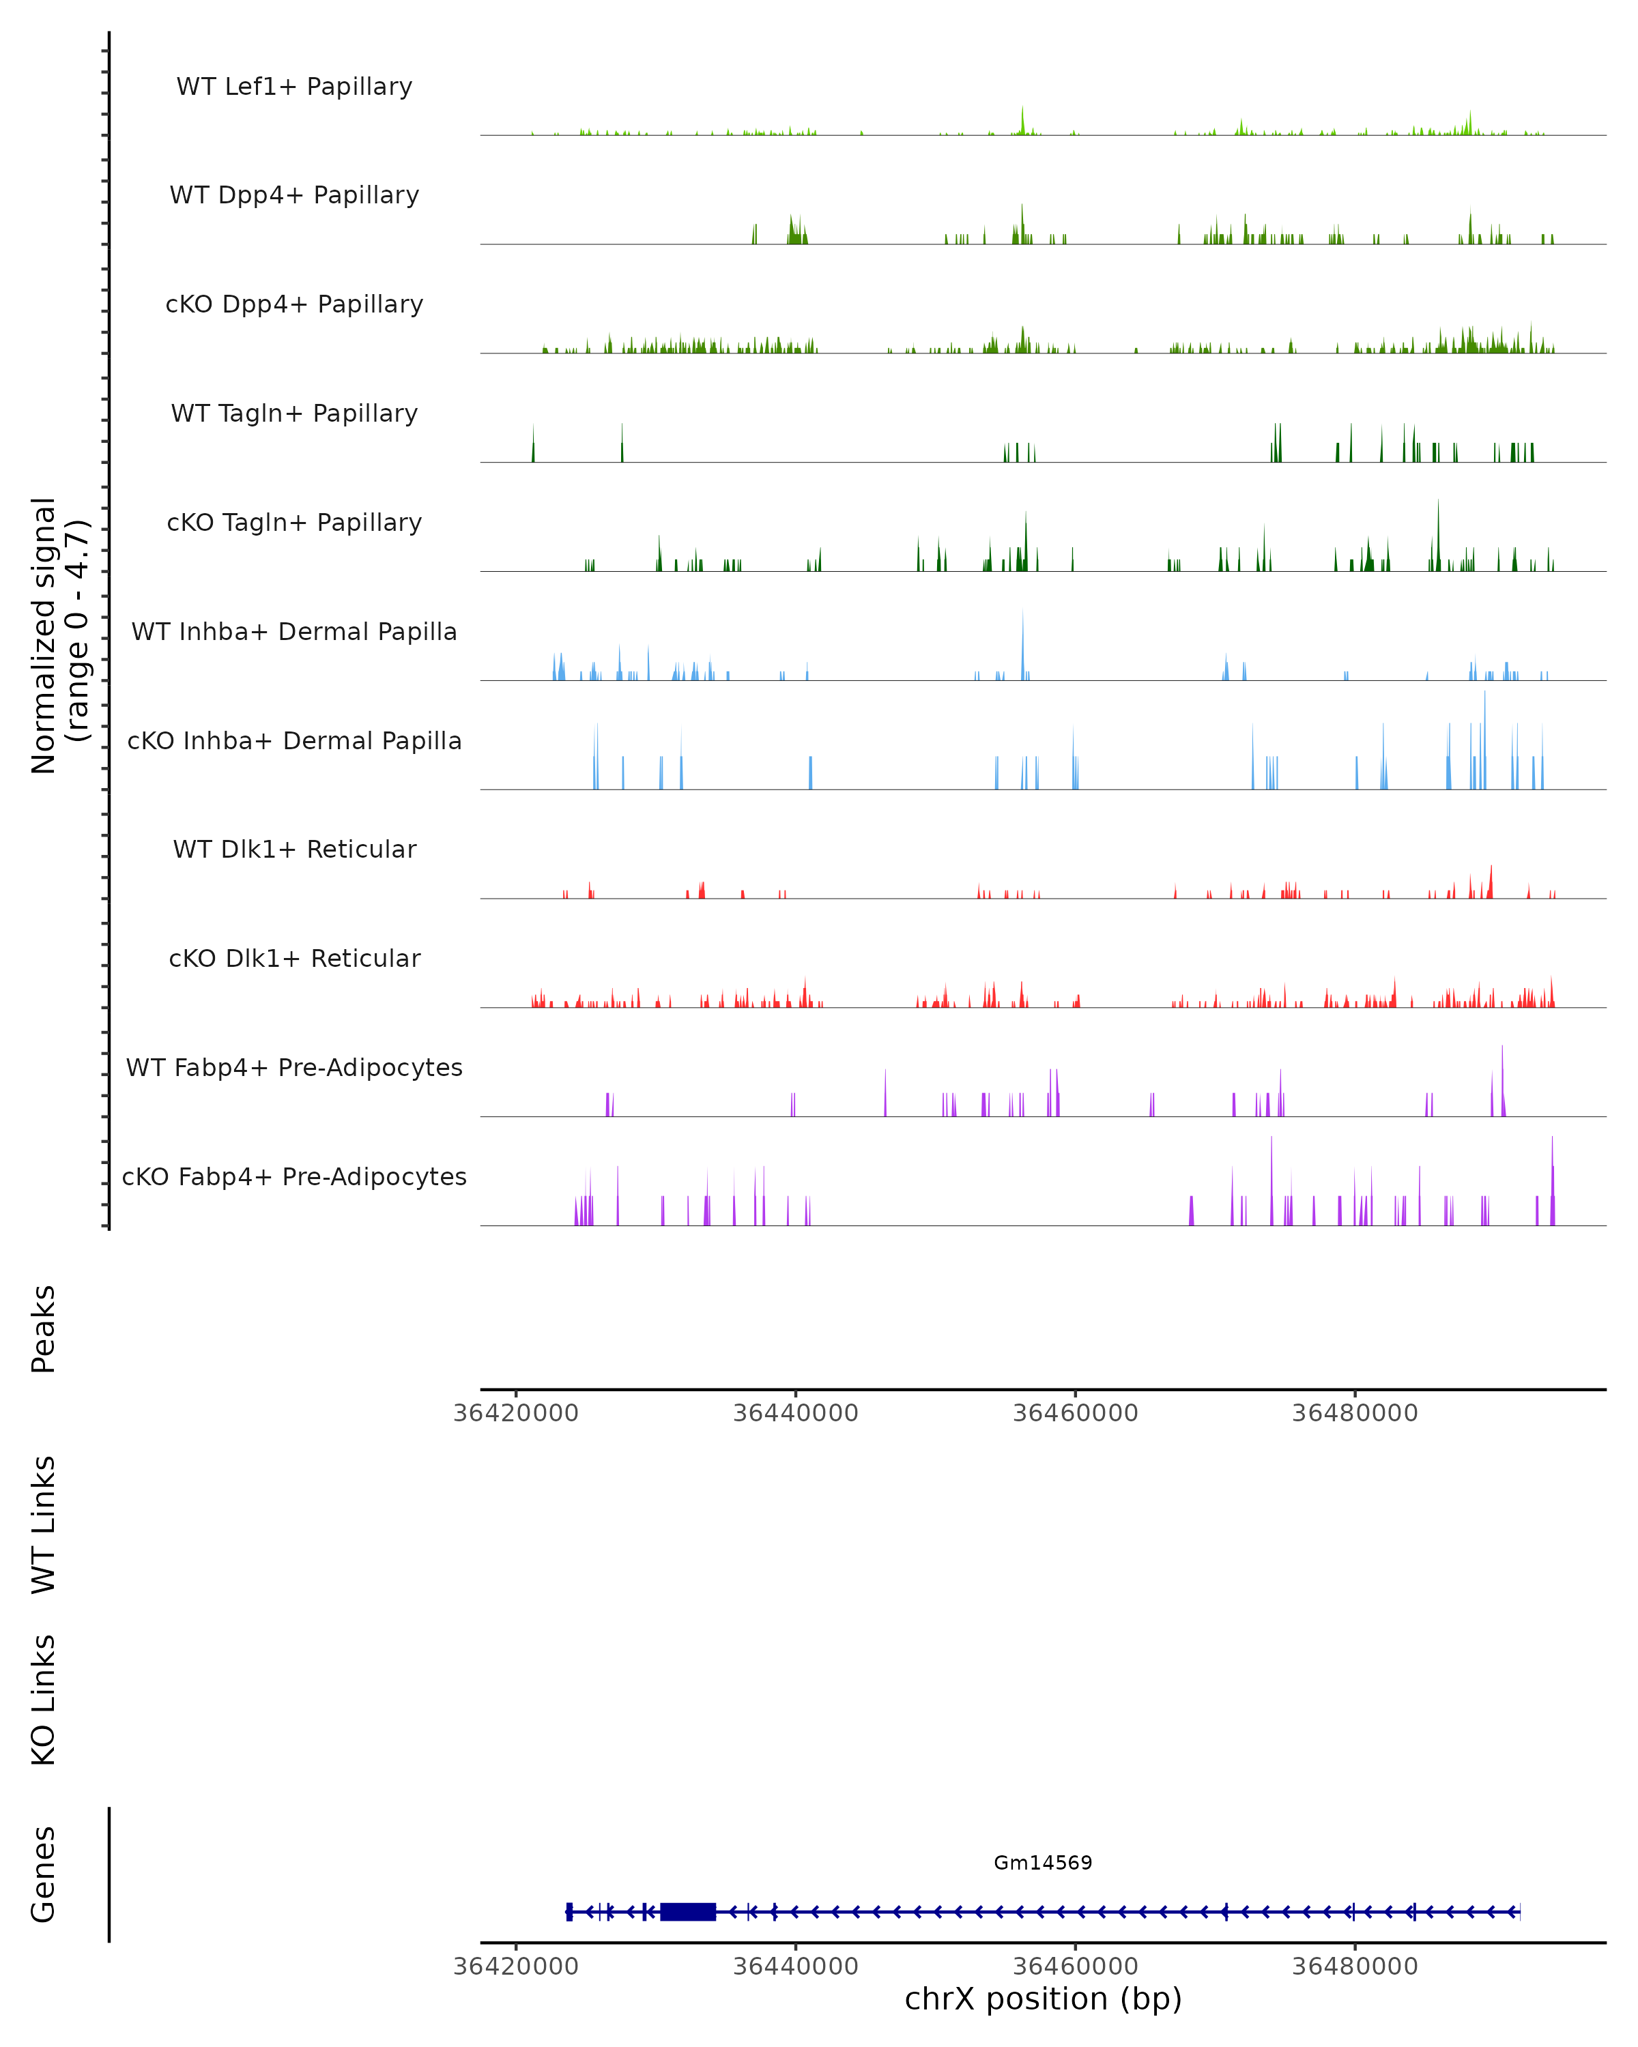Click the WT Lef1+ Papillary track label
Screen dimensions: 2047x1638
click(294, 87)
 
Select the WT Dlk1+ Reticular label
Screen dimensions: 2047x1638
click(294, 849)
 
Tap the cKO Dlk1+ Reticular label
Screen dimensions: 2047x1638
click(294, 958)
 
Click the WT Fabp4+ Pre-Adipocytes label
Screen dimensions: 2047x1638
click(294, 1067)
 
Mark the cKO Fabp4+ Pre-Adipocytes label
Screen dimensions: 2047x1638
click(294, 1176)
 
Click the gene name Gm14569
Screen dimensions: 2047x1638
click(1043, 1863)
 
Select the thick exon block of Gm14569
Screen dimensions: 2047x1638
click(687, 1912)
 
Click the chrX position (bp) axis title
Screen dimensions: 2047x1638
click(1043, 1999)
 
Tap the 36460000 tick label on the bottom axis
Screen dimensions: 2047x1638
click(1075, 1966)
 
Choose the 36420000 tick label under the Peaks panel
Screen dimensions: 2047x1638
click(515, 1413)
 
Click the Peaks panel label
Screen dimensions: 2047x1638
click(44, 1329)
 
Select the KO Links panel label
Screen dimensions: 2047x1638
click(44, 1700)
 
